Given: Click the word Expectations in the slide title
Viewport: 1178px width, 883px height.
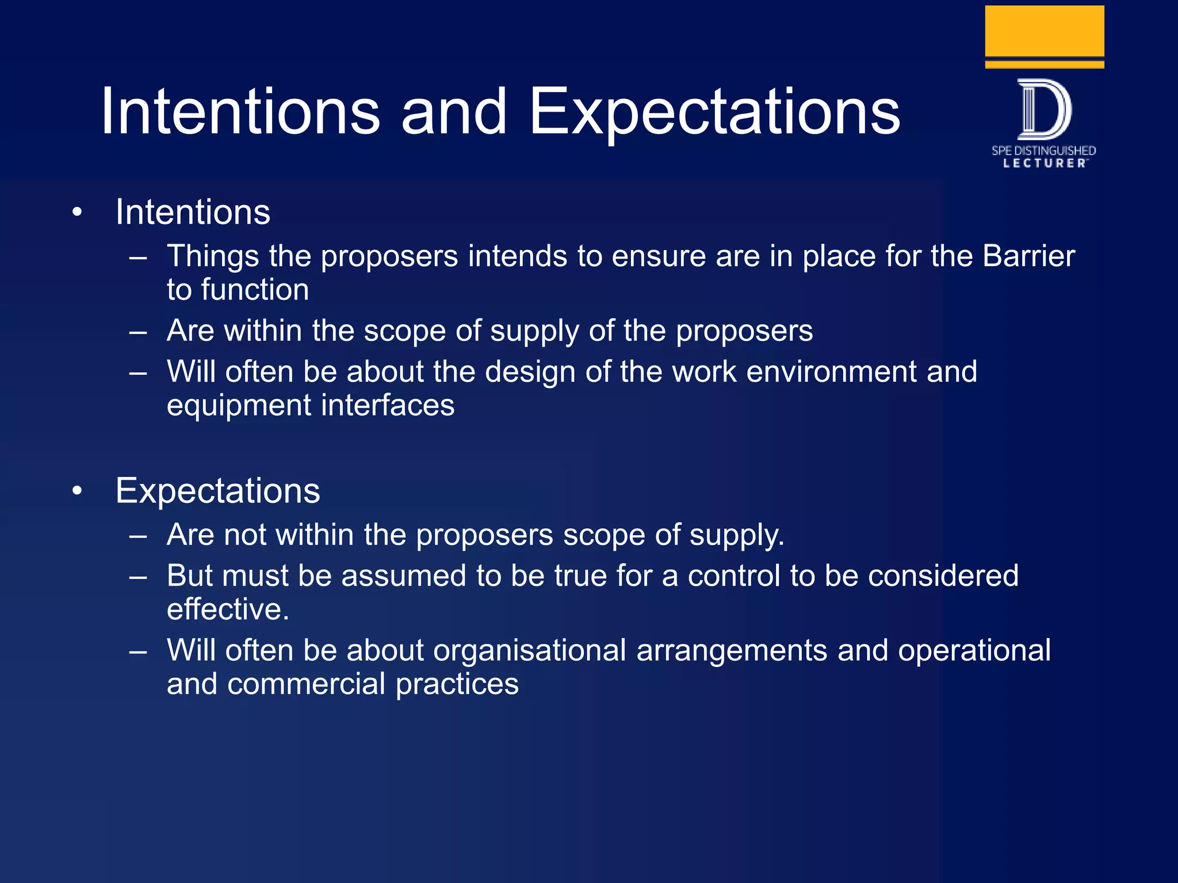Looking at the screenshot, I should tap(714, 112).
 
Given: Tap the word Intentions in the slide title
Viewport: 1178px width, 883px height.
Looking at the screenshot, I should tap(240, 112).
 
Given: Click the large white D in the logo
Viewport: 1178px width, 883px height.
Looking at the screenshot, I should tap(1044, 109).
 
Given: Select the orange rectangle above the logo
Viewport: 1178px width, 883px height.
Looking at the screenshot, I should tap(1044, 31).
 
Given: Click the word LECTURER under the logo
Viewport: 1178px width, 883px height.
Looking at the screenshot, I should tap(1045, 164).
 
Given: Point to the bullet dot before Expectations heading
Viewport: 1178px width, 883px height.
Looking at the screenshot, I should tap(78, 492).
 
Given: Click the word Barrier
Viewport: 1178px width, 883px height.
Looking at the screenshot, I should tap(1028, 256).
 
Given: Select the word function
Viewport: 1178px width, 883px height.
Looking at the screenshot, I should tap(255, 290).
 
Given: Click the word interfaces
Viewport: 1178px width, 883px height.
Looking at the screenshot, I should tap(388, 405).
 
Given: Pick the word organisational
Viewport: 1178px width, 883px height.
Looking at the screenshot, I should tap(529, 651).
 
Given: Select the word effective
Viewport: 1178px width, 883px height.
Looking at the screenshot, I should tap(227, 609).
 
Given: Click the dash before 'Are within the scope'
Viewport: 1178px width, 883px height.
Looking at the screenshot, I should tap(138, 332).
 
